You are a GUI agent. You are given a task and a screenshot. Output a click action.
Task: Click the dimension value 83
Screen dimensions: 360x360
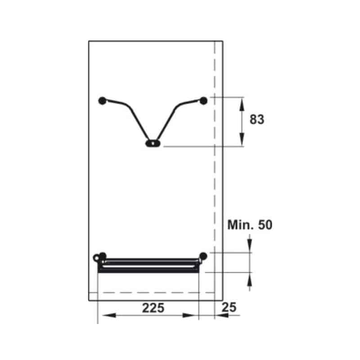(x=256, y=120)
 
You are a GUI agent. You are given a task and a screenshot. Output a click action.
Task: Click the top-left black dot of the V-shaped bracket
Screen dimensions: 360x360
(x=102, y=100)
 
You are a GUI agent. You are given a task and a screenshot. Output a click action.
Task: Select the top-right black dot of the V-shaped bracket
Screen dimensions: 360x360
(x=203, y=100)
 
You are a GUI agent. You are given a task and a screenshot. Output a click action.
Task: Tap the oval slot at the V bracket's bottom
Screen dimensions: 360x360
(x=153, y=144)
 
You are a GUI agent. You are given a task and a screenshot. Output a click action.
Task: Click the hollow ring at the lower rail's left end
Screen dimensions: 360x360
(x=97, y=258)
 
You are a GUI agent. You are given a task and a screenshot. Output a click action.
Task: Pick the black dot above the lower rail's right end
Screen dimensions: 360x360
(x=203, y=256)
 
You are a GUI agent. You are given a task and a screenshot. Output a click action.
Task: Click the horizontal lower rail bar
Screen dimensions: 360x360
(x=148, y=265)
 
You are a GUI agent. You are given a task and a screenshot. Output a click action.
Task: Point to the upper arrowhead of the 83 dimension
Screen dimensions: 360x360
(x=242, y=103)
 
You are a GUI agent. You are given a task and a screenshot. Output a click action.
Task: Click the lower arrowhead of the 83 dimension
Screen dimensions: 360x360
(x=242, y=140)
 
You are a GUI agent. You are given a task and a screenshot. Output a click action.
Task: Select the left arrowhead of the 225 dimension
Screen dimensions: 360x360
(x=103, y=315)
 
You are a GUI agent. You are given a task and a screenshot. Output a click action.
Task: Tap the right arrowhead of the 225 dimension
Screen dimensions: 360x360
(x=193, y=315)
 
